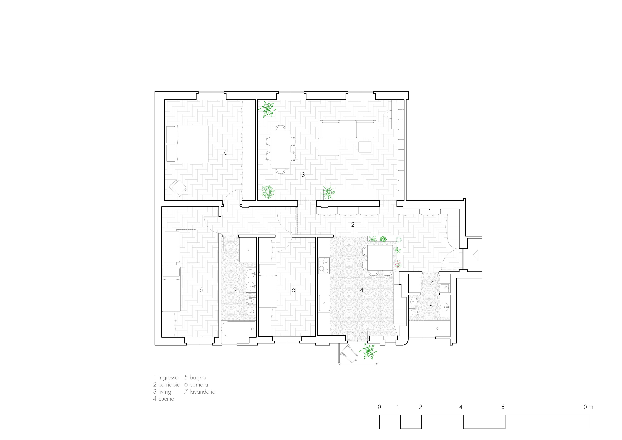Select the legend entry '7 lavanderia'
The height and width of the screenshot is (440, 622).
pos(200,392)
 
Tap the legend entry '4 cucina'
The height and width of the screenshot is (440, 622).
pos(164,399)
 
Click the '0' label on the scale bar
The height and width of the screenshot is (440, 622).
pos(379,407)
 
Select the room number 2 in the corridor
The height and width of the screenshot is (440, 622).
pos(353,225)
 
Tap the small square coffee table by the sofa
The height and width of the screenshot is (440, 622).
pos(365,147)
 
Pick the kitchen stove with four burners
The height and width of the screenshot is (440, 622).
pos(324,265)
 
